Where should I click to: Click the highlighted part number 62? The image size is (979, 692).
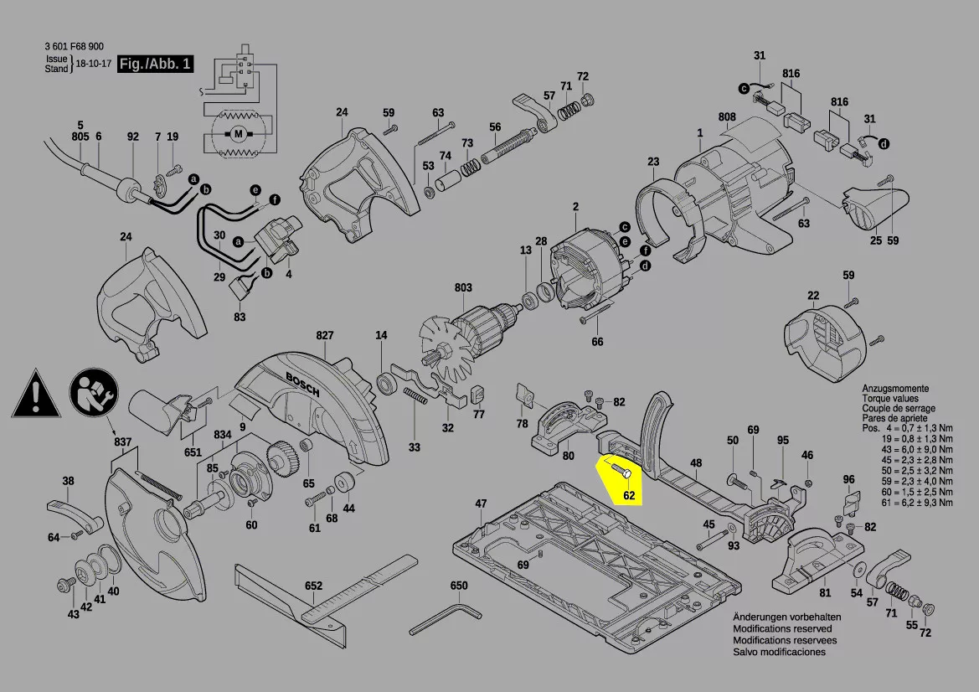(x=629, y=494)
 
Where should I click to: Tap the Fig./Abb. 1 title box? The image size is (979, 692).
(x=156, y=64)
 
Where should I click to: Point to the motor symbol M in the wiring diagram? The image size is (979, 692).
(x=237, y=133)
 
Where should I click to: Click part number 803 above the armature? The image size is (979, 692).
(x=463, y=287)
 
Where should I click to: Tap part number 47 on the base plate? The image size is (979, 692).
(x=481, y=504)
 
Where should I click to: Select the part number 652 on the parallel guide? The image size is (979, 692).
(x=313, y=586)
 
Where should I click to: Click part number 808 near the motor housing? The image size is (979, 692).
(x=726, y=116)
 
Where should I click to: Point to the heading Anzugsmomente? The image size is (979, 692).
(x=894, y=389)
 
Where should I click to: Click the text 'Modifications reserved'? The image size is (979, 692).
(x=782, y=628)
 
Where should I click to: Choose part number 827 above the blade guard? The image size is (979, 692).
(x=325, y=335)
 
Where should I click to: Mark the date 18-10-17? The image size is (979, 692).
(x=94, y=64)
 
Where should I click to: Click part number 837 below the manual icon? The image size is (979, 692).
(x=123, y=442)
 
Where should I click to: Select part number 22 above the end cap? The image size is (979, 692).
(x=813, y=295)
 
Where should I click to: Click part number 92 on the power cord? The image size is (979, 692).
(x=132, y=137)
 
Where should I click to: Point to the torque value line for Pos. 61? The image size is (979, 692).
(x=907, y=503)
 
